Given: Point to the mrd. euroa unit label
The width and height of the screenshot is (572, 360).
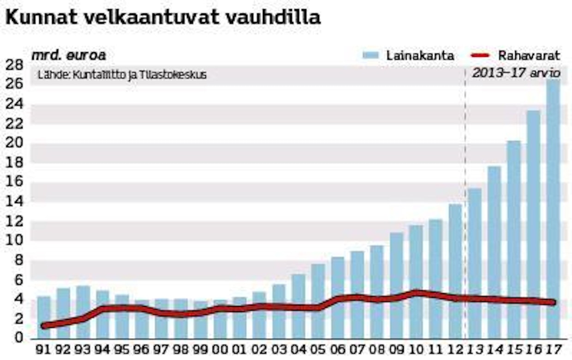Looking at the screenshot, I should coord(68,55).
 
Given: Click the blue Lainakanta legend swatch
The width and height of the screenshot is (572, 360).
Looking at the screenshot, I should coord(371,55).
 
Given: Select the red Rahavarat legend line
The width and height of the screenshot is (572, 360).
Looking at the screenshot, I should coord(481,56).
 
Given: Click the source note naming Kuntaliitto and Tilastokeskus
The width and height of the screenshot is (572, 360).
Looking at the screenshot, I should coord(122,74).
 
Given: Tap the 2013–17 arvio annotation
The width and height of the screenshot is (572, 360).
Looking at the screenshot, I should coord(516,73).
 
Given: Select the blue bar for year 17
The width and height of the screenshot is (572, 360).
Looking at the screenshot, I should coord(554,208).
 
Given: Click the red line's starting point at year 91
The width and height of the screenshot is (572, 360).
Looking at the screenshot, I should coord(44,325).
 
